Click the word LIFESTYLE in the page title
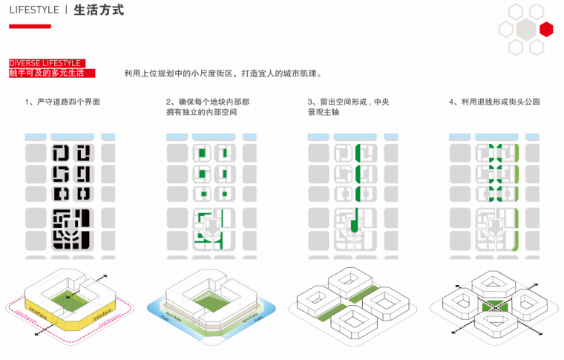(x=33, y=10)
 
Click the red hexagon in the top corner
(x=546, y=30)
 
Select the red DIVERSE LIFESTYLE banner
(x=45, y=63)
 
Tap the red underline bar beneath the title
(x=30, y=27)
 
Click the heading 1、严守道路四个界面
(x=62, y=102)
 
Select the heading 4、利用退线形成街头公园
(x=494, y=102)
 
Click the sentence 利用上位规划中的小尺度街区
(x=223, y=73)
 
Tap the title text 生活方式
(x=99, y=10)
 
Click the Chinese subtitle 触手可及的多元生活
(x=47, y=73)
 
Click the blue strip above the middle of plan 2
(x=212, y=137)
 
